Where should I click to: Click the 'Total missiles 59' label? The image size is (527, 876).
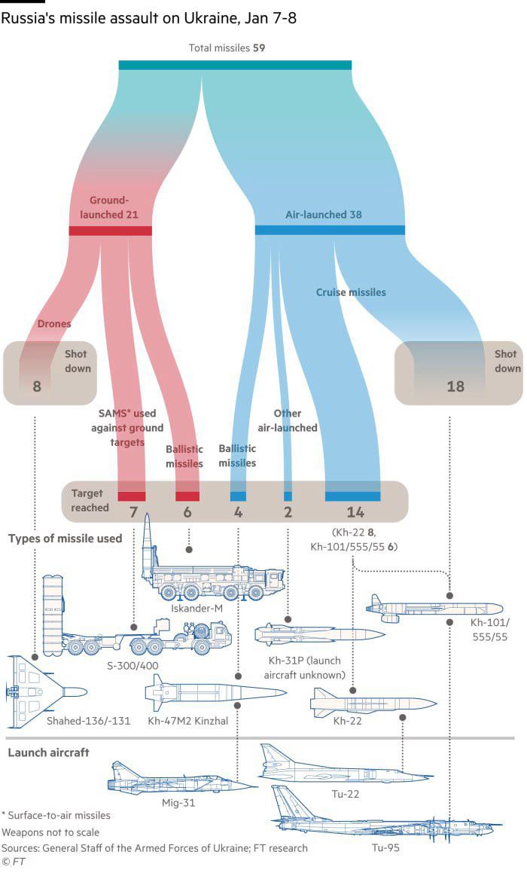pyautogui.click(x=227, y=48)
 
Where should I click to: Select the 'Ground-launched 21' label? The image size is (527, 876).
pyautogui.click(x=113, y=208)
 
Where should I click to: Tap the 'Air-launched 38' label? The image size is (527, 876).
pyautogui.click(x=324, y=215)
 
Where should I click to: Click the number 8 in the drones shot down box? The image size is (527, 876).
pyautogui.click(x=37, y=386)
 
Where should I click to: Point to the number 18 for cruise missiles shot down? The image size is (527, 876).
pyautogui.click(x=455, y=386)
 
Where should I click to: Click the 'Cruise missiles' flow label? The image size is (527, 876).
pyautogui.click(x=351, y=292)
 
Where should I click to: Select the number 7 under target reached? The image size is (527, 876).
pyautogui.click(x=133, y=513)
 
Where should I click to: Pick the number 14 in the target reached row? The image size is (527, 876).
pyautogui.click(x=355, y=513)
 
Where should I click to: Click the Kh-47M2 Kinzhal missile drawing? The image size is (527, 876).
pyautogui.click(x=215, y=691)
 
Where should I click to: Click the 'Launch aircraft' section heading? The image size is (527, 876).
pyautogui.click(x=48, y=752)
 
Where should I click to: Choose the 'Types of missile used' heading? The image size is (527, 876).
pyautogui.click(x=66, y=539)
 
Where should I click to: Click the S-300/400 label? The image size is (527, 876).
pyautogui.click(x=129, y=667)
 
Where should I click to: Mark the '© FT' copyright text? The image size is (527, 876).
pyautogui.click(x=14, y=862)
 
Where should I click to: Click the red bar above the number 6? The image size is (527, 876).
pyautogui.click(x=187, y=496)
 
